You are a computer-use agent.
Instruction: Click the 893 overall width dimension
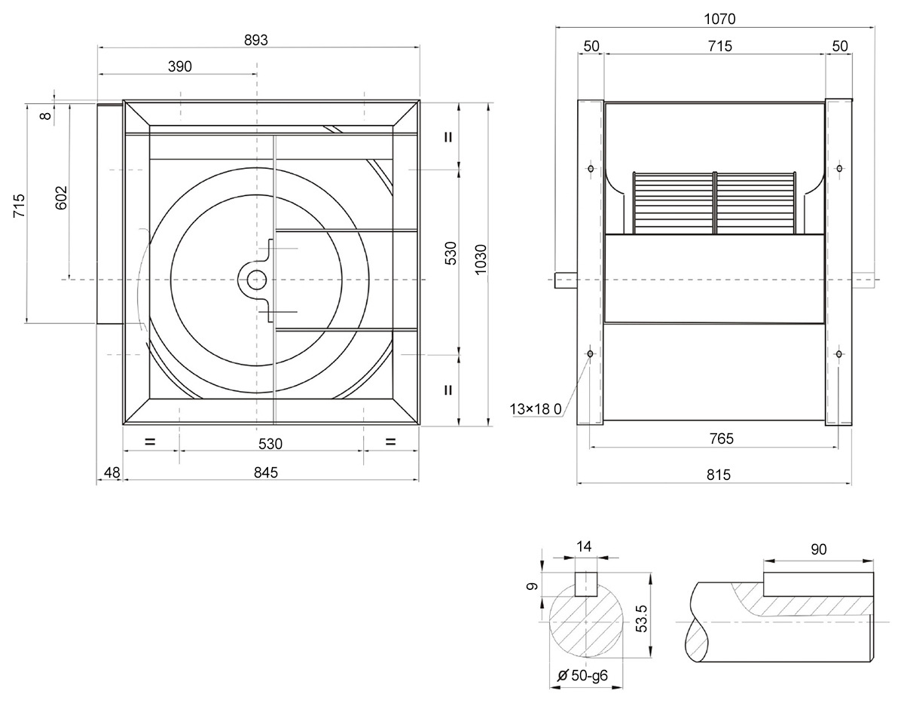click(x=256, y=40)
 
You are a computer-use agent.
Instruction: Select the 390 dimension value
click(x=180, y=66)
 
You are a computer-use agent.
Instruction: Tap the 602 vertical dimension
click(x=61, y=197)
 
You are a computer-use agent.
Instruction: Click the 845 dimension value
click(x=265, y=472)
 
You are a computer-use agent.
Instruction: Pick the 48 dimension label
click(x=112, y=472)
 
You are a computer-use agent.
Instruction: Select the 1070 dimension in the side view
click(x=719, y=19)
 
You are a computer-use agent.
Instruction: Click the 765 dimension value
click(x=722, y=439)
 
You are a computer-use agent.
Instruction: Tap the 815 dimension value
click(x=719, y=475)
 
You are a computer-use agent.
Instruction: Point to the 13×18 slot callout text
click(x=536, y=409)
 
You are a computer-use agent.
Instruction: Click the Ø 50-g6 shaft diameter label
click(x=582, y=675)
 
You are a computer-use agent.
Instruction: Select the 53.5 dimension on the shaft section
click(x=642, y=618)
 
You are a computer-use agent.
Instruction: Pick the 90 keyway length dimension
click(x=818, y=549)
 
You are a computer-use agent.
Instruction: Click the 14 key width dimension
click(x=584, y=546)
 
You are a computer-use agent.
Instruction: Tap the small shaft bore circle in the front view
click(x=257, y=280)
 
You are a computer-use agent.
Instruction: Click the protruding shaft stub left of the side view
click(x=566, y=280)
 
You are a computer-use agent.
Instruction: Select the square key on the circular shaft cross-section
click(x=586, y=585)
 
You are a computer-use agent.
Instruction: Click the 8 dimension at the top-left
click(x=46, y=115)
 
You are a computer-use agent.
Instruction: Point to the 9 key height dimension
click(x=532, y=586)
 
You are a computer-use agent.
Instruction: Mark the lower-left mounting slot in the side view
click(x=590, y=353)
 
